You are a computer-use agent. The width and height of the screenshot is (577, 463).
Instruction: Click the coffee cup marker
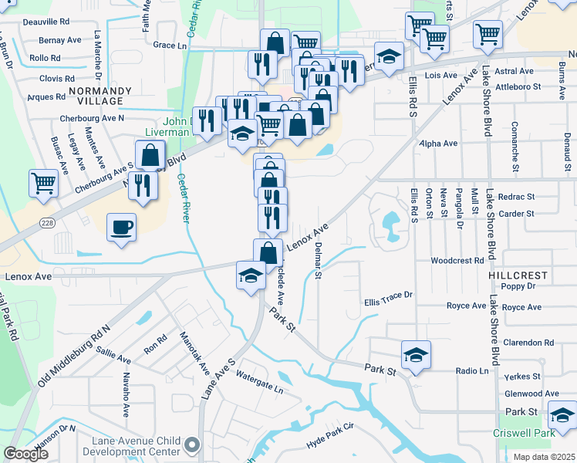[121, 228]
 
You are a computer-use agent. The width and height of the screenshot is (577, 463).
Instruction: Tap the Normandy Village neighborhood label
[96, 96]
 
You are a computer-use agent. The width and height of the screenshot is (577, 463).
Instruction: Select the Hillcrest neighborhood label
[518, 275]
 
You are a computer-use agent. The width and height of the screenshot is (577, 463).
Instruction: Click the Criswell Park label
[524, 433]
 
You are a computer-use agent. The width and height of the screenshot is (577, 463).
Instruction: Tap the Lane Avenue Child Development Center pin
[192, 444]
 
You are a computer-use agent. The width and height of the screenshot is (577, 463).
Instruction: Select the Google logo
[26, 454]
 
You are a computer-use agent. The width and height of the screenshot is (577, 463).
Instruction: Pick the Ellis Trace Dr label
[388, 295]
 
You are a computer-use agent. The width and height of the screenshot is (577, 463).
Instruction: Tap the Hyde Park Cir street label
[329, 436]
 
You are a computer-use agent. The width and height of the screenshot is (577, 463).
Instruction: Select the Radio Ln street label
[471, 370]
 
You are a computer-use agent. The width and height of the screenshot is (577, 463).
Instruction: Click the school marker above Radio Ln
[416, 355]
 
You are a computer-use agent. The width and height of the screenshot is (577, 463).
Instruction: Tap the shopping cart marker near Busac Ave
[44, 184]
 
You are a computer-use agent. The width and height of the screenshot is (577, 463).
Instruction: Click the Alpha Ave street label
[438, 144]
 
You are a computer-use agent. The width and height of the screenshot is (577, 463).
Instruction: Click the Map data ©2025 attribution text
[544, 457]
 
